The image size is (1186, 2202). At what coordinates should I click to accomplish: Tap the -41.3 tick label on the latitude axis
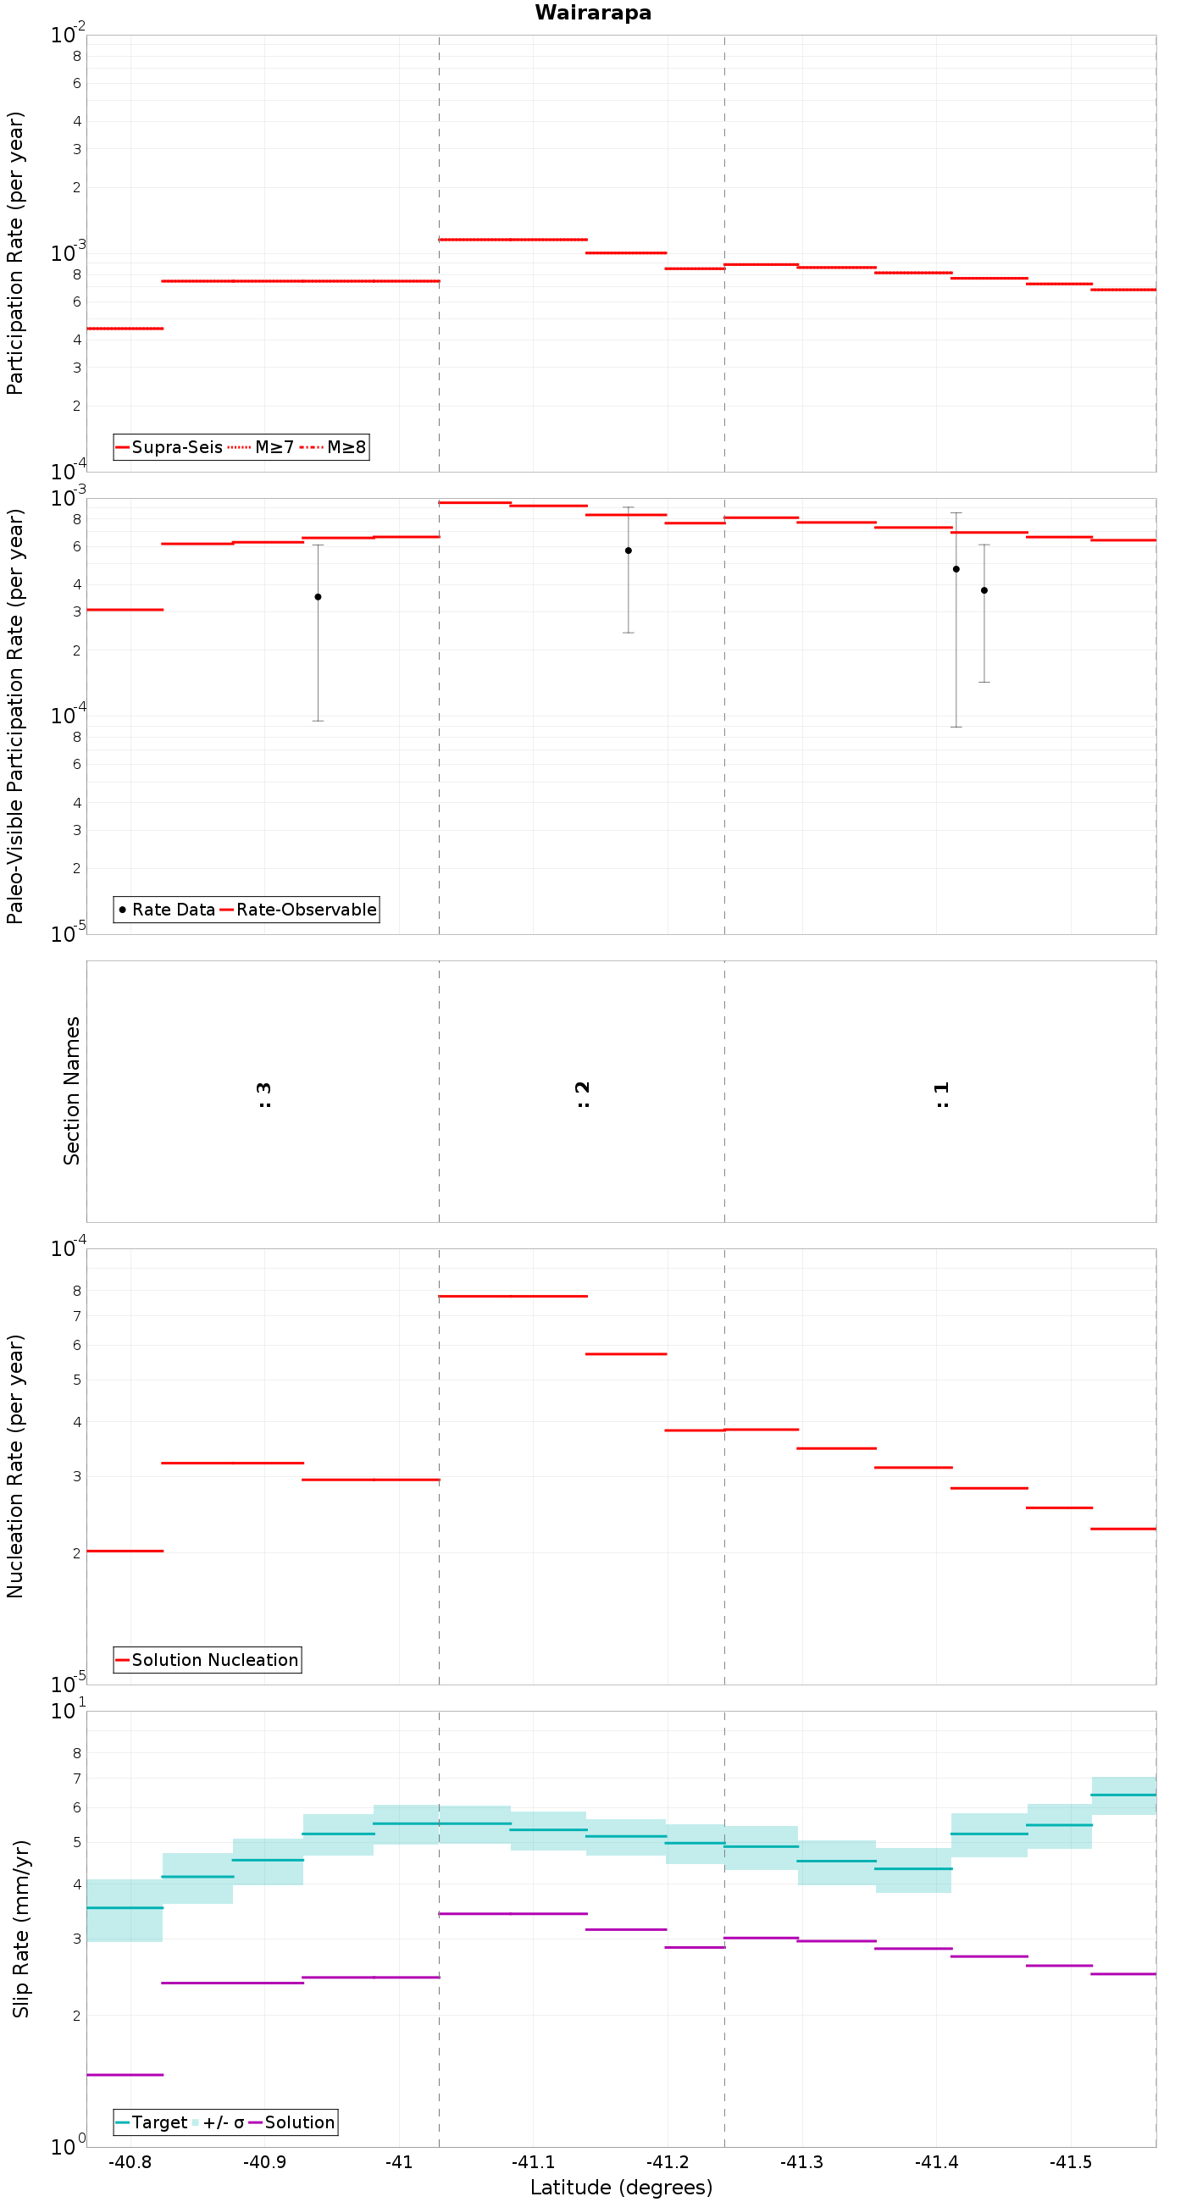click(x=801, y=2162)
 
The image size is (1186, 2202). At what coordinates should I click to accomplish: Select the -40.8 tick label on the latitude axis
click(x=130, y=2162)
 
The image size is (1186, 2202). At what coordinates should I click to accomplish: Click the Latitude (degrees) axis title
click(x=621, y=2187)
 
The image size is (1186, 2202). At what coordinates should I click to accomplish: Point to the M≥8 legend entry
click(x=335, y=447)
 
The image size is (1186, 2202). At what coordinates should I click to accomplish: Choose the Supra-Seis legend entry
click(x=169, y=447)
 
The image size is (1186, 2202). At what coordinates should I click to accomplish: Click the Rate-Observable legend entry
click(x=298, y=910)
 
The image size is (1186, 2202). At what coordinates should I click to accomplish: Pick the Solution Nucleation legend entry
click(x=207, y=1660)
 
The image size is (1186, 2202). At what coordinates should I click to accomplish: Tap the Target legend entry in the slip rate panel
click(x=152, y=2122)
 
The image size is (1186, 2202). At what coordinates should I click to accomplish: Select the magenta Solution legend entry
click(x=291, y=2122)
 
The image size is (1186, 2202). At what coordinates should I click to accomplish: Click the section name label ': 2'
click(x=582, y=1094)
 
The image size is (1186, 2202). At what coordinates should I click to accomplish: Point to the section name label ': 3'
click(x=264, y=1094)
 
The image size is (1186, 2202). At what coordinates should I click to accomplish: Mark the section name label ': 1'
click(x=941, y=1094)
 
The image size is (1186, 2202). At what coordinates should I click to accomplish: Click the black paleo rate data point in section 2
click(x=629, y=550)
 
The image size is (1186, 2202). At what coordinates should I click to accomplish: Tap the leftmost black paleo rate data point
click(x=318, y=597)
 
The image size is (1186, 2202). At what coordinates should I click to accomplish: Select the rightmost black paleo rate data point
click(x=984, y=589)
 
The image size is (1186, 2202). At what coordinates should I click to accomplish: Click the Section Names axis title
click(x=72, y=1091)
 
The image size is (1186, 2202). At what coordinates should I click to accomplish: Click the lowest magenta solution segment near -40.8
click(x=125, y=2075)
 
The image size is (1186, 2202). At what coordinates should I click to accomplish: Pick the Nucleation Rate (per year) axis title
click(x=15, y=1466)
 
